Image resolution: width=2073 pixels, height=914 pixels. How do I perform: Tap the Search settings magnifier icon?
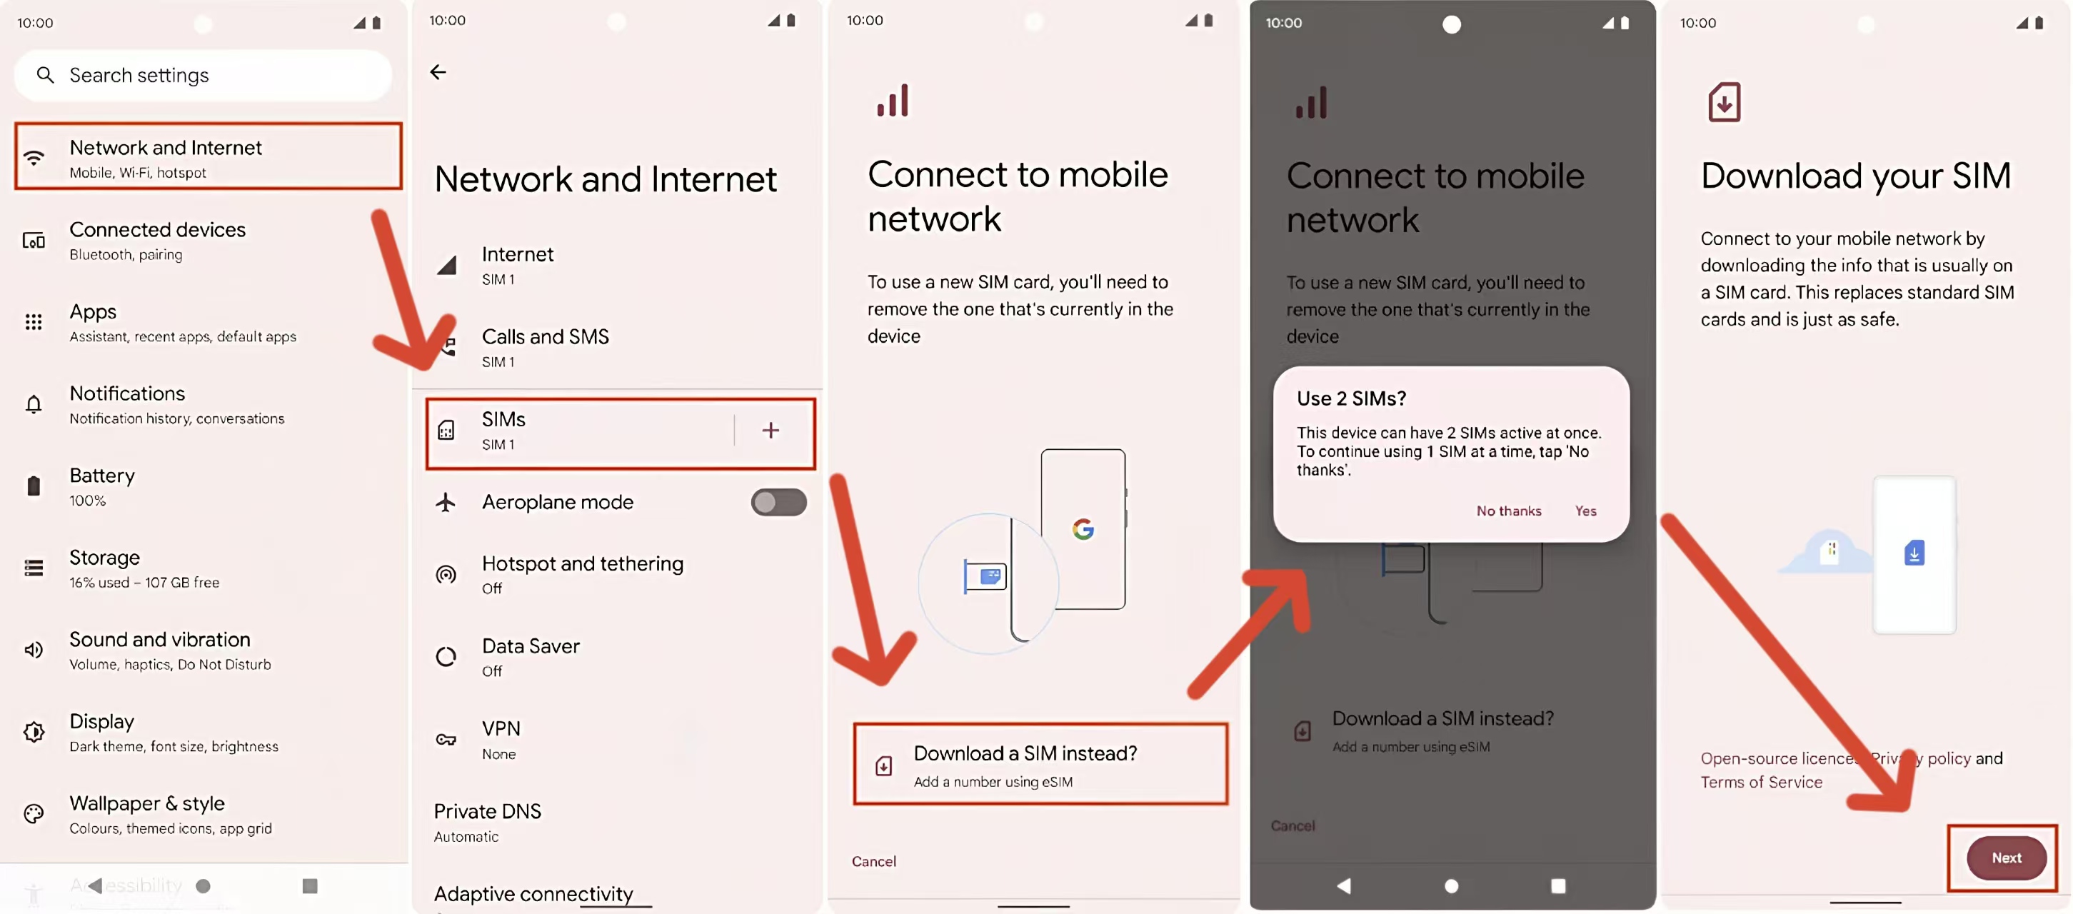[45, 75]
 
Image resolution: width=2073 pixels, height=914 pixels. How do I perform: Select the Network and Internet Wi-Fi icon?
[34, 158]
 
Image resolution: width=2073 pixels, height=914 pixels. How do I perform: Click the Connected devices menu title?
[158, 229]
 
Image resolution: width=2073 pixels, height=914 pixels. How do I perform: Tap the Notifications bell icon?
[34, 404]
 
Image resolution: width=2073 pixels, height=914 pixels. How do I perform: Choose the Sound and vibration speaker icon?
[34, 649]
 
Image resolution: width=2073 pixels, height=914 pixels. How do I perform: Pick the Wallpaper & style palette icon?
[34, 813]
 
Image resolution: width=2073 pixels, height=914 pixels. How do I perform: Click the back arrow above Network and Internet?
[438, 72]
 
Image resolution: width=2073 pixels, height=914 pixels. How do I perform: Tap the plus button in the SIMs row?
[770, 431]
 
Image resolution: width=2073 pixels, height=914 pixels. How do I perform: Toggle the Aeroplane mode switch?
[778, 502]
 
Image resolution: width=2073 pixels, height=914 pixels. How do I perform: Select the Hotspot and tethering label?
[583, 563]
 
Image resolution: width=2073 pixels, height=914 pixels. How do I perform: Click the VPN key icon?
[446, 739]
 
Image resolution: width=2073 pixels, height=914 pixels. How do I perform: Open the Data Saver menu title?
[531, 646]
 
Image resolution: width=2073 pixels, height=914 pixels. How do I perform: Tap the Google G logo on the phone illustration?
[1083, 528]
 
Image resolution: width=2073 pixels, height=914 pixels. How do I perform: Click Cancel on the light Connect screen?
[874, 861]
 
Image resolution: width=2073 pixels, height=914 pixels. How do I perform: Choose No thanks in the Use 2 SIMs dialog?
[1509, 511]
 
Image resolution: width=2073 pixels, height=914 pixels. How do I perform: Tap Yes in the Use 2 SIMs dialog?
[1585, 511]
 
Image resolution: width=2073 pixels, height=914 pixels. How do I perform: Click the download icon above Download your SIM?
[1724, 102]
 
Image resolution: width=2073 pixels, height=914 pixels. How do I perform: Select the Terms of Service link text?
[1761, 782]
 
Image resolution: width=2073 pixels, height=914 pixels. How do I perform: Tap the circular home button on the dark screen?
[1451, 886]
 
